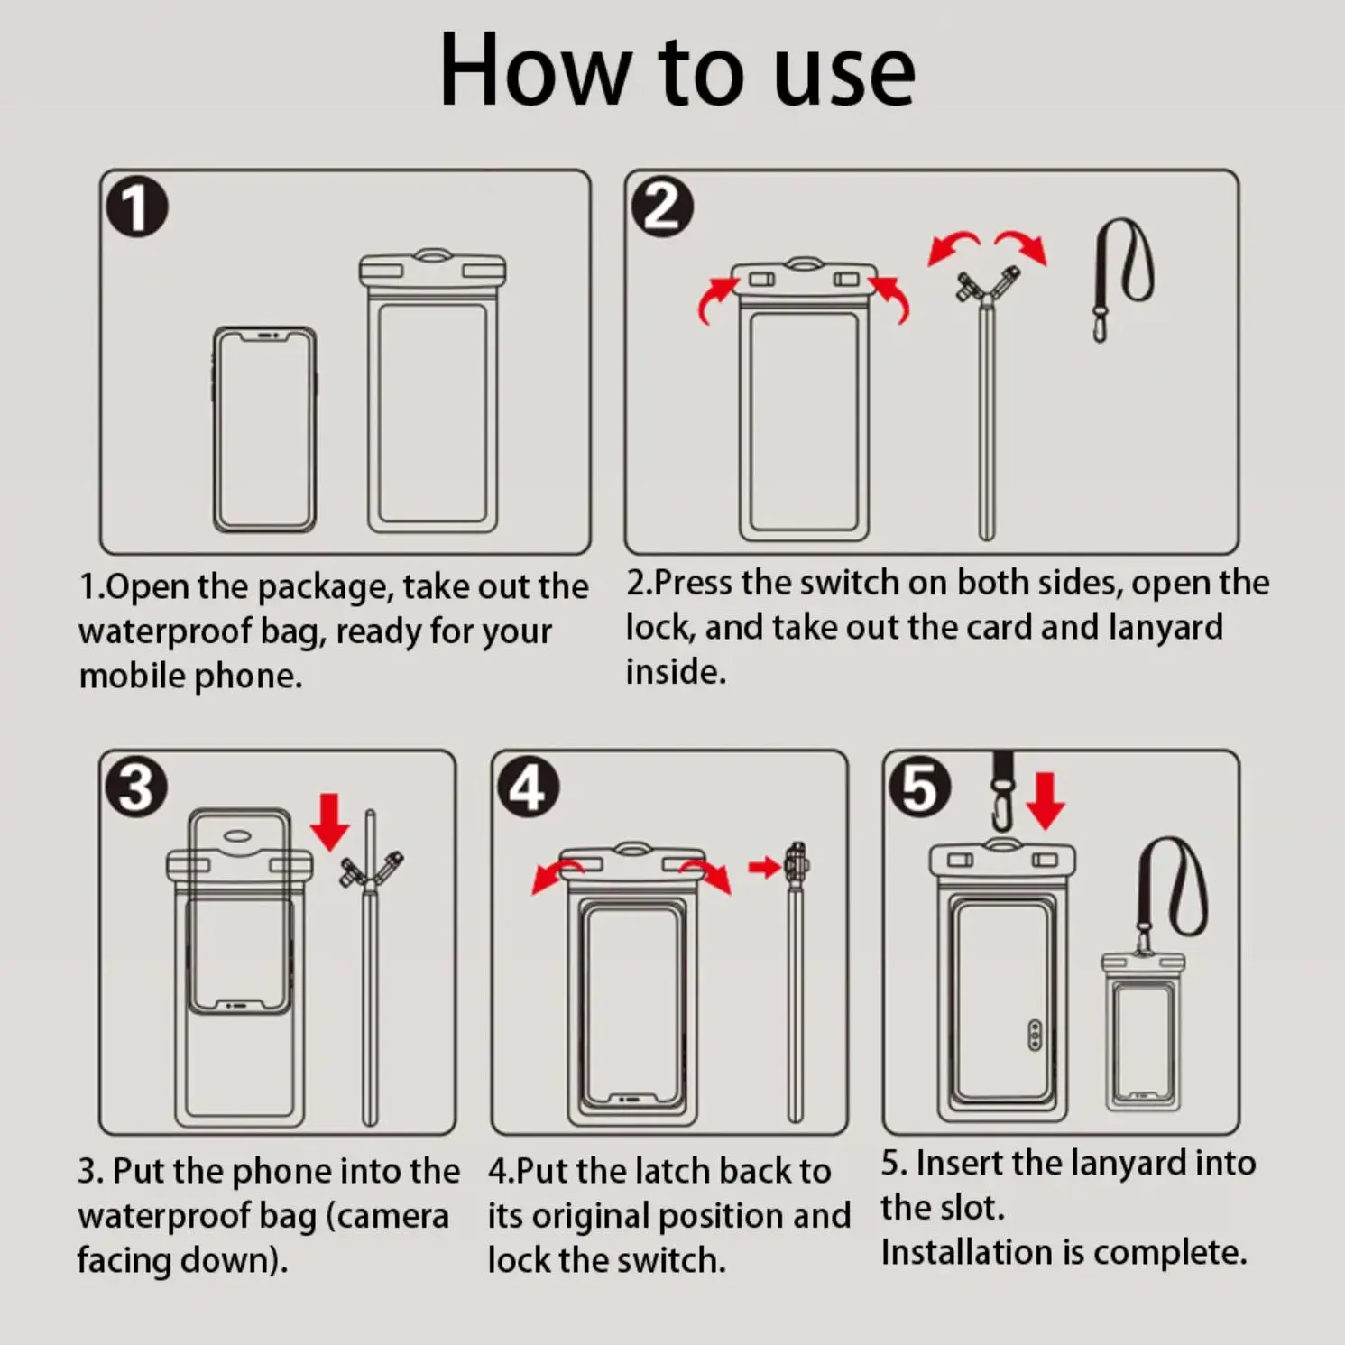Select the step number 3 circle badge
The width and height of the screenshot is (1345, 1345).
click(137, 788)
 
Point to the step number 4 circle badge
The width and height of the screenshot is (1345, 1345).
click(529, 788)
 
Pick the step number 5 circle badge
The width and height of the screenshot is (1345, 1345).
click(920, 788)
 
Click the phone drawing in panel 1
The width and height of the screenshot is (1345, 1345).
click(264, 429)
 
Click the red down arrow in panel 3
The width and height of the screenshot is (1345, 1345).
click(329, 822)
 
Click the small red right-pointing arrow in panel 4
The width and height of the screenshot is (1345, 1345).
click(764, 868)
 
